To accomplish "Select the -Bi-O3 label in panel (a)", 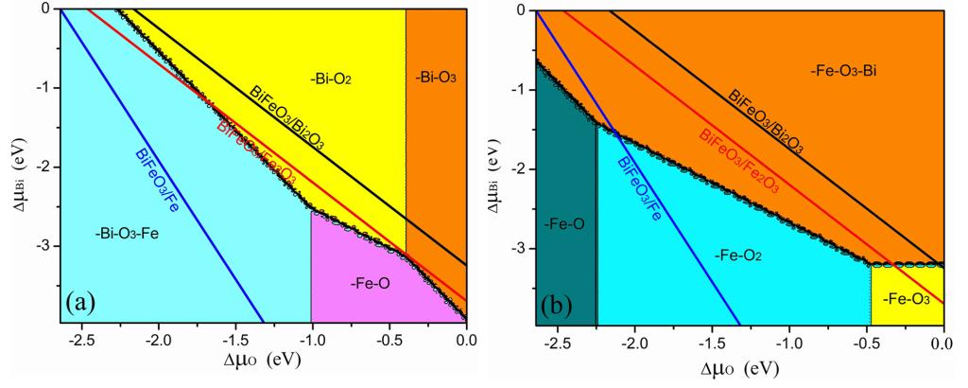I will (436, 77).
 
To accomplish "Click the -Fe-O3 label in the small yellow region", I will (907, 300).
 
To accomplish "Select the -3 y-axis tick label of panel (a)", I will (43, 245).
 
